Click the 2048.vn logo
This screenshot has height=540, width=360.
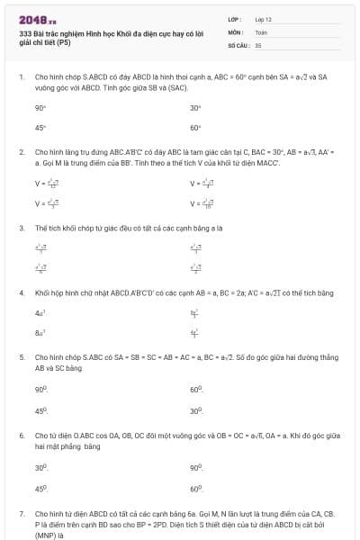(33, 20)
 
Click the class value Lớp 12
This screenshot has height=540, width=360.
(263, 18)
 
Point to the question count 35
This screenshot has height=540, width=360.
(258, 44)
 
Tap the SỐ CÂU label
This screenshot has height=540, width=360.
(238, 44)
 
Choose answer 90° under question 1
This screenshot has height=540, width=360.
(40, 107)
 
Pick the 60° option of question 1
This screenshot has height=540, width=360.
(195, 128)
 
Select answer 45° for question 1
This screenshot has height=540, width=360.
(40, 128)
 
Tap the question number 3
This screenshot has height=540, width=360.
(21, 228)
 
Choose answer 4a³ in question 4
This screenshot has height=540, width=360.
(40, 313)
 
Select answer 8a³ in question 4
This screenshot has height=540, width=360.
(40, 333)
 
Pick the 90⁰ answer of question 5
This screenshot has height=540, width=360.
(40, 389)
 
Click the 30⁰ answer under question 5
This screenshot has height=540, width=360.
(196, 409)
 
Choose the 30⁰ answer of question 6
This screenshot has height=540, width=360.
(40, 467)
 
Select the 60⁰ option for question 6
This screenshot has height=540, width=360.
(196, 488)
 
